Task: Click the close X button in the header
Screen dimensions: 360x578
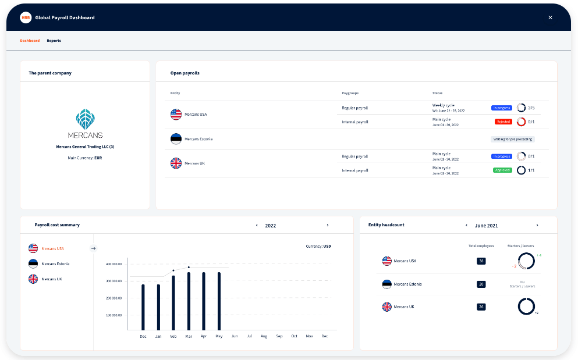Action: click(x=550, y=17)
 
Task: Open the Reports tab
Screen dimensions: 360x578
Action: click(x=54, y=41)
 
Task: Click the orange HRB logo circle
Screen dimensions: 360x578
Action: click(x=26, y=17)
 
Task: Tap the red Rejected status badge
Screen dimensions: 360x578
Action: click(x=503, y=122)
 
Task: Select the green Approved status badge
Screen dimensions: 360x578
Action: click(x=502, y=170)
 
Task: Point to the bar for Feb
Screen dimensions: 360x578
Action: click(x=173, y=302)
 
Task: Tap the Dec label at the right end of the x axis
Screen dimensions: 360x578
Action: click(x=324, y=336)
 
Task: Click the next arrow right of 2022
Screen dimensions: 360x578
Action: click(x=327, y=225)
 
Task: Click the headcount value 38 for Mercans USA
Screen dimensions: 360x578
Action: click(x=481, y=261)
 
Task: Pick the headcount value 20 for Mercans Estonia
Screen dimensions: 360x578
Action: click(x=481, y=284)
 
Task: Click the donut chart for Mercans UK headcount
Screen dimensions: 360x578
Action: click(x=526, y=306)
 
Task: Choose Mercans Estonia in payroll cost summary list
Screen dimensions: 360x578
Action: click(x=55, y=264)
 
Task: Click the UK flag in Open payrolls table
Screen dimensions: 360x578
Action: click(x=176, y=163)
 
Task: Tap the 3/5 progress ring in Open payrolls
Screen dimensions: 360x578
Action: click(x=522, y=108)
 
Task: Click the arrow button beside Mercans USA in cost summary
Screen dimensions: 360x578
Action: click(x=93, y=248)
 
